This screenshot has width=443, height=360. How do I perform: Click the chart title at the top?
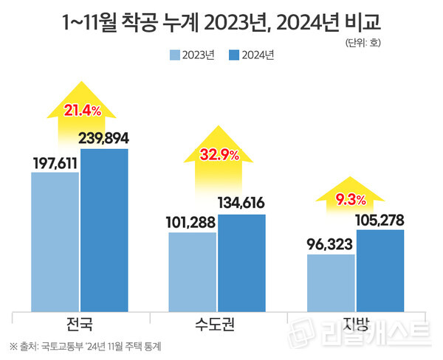coord(222,22)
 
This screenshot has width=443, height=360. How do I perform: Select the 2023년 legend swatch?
coord(175,55)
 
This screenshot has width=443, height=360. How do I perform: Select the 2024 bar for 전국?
coord(104,229)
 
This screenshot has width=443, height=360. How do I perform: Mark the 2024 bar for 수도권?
coord(241,262)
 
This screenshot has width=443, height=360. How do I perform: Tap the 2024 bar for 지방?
coord(380,270)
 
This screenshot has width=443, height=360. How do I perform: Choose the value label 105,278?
coord(380,220)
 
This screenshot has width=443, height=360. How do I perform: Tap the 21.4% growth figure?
coord(83,111)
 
